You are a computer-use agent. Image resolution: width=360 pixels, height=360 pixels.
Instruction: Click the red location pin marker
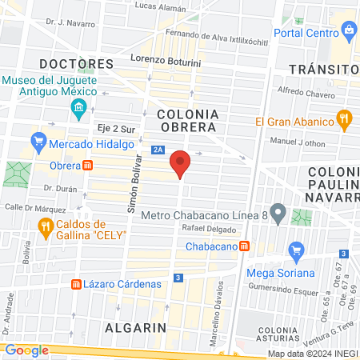[180, 165]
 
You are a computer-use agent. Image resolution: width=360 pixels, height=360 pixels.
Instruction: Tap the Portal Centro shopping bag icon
[348, 30]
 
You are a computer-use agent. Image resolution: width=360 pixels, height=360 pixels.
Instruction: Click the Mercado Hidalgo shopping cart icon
[38, 144]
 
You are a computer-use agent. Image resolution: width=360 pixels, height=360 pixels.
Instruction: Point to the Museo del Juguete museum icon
[78, 107]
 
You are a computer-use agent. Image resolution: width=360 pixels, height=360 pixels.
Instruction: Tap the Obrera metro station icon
[87, 166]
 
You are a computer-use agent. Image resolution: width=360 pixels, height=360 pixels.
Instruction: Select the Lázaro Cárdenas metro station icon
[76, 284]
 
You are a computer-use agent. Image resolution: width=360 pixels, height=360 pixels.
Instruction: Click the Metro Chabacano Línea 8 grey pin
[278, 214]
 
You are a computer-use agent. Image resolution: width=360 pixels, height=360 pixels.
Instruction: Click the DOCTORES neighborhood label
[76, 63]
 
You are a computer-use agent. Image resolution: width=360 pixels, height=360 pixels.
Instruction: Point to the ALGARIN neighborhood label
[134, 328]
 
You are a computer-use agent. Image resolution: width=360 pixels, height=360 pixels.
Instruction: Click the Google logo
[26, 350]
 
